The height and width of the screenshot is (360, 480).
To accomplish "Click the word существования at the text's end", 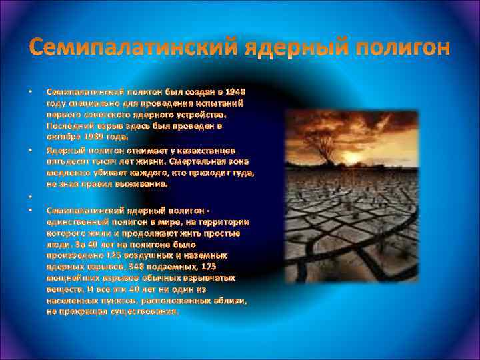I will (145, 311).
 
